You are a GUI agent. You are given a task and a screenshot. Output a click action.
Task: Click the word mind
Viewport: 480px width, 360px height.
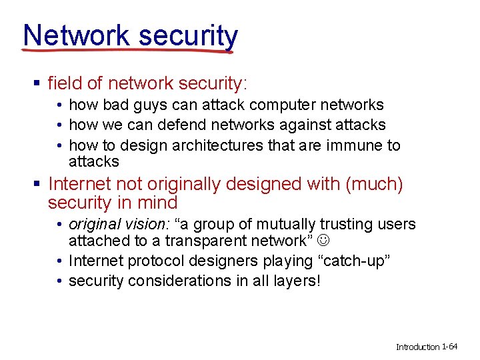coord(159,203)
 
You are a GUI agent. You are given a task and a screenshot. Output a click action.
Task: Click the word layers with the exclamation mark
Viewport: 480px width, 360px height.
coord(297,281)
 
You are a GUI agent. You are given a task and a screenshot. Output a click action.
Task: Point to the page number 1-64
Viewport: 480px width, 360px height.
coord(450,347)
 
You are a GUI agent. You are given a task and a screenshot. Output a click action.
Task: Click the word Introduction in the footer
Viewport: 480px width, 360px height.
coord(418,347)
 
